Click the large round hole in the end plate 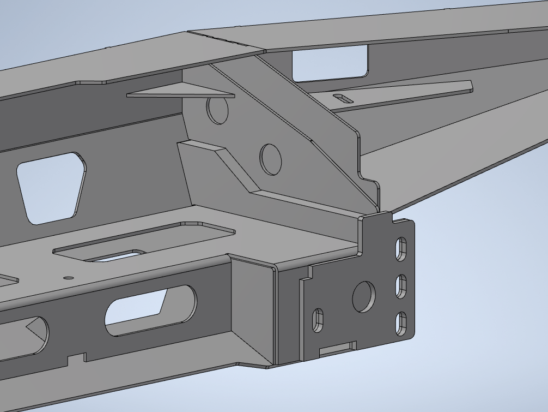click(364, 297)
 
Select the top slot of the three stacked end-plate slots click(401, 248)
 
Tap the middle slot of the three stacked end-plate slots click(401, 286)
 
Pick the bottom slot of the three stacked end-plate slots click(401, 323)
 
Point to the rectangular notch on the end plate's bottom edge click(337, 348)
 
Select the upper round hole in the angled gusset click(217, 109)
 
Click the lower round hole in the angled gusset click(271, 159)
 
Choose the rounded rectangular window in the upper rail click(330, 63)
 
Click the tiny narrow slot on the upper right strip click(344, 98)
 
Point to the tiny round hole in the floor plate click(68, 277)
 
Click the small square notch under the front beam click(76, 359)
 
